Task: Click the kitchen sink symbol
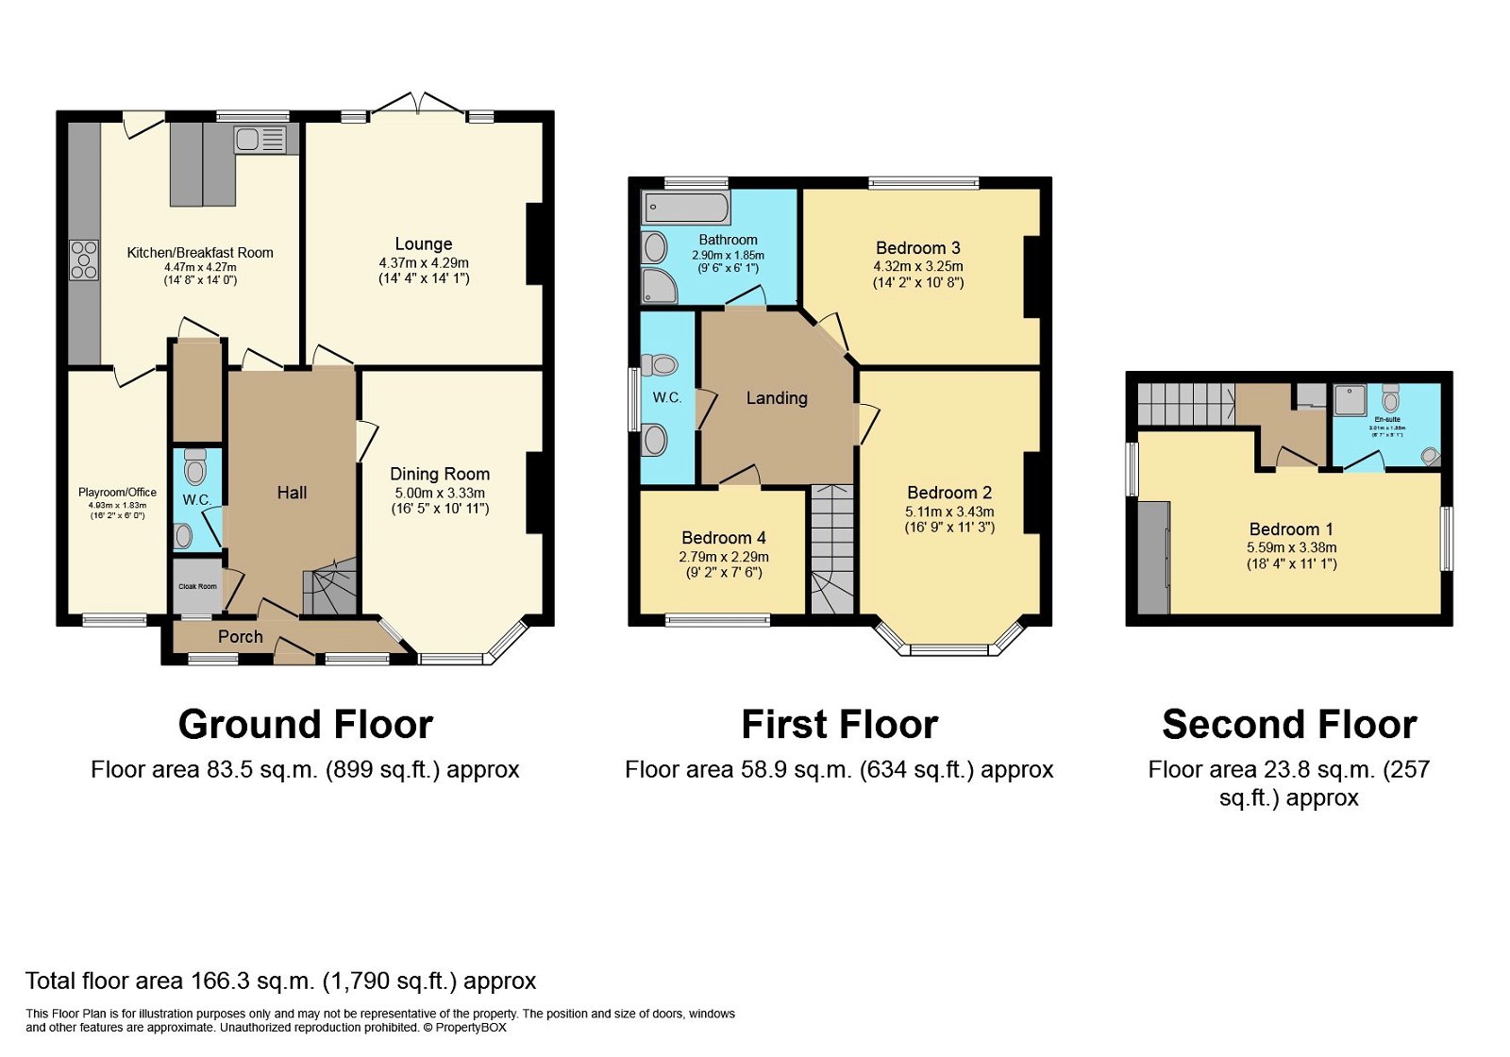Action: (x=260, y=141)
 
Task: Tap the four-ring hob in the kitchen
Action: (x=84, y=260)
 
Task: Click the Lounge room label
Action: (x=423, y=243)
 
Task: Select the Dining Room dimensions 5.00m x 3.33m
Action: (x=440, y=493)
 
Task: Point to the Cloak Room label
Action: (x=197, y=586)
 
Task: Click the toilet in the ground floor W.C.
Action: (x=195, y=467)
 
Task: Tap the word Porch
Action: (x=240, y=637)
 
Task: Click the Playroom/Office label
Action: (x=117, y=492)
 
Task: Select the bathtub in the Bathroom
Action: (x=686, y=207)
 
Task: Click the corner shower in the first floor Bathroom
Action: (x=659, y=286)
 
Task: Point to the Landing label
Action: (x=777, y=398)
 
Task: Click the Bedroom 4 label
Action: (x=724, y=538)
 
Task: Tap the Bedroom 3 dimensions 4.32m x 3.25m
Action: (x=918, y=266)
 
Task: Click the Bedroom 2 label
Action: (x=949, y=493)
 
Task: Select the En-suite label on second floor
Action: (x=1386, y=419)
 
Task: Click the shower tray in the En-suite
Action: (x=1351, y=400)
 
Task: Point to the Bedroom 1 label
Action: (x=1291, y=529)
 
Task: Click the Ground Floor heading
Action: (x=305, y=725)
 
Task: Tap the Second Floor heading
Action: (x=1289, y=725)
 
